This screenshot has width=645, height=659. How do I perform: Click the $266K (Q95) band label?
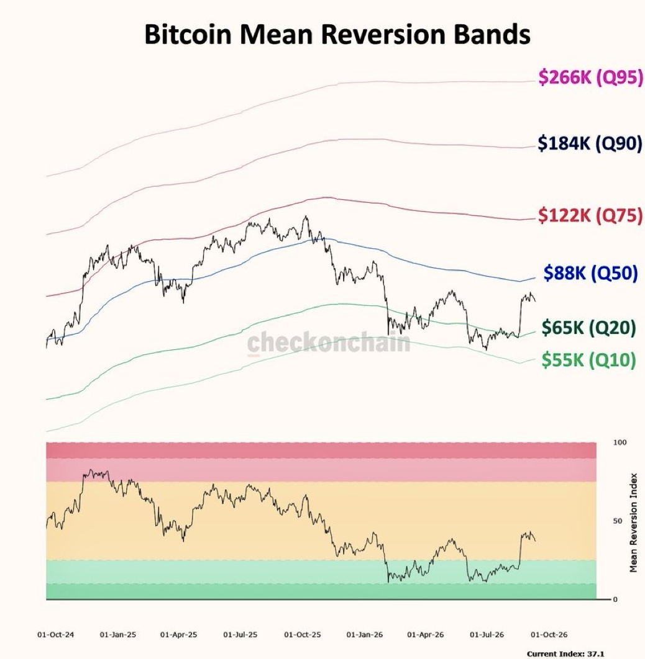(x=591, y=77)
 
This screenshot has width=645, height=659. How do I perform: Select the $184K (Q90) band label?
(x=590, y=143)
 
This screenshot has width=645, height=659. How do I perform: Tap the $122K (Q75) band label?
(x=590, y=215)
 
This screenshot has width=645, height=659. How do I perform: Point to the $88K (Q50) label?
(x=590, y=273)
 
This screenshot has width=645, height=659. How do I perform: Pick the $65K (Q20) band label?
(x=588, y=328)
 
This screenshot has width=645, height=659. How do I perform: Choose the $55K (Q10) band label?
(x=588, y=360)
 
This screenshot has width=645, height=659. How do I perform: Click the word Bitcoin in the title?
(x=188, y=34)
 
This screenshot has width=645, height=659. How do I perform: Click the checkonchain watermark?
(x=329, y=342)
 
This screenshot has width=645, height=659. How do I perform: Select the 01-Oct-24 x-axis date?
(x=55, y=634)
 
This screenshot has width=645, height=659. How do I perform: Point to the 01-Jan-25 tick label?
(x=118, y=634)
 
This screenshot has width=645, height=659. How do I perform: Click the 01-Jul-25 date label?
(x=240, y=634)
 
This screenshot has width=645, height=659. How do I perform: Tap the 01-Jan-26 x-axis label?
(x=365, y=634)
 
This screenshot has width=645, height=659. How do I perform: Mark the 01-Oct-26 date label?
(x=549, y=634)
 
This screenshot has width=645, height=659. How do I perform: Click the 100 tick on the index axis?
(x=620, y=442)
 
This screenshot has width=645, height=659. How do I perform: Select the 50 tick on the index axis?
(x=618, y=521)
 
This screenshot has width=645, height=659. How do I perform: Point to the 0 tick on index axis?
(x=615, y=599)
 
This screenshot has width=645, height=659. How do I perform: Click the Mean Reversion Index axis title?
(x=634, y=522)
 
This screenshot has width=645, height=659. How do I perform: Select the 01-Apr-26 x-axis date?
(x=426, y=634)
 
